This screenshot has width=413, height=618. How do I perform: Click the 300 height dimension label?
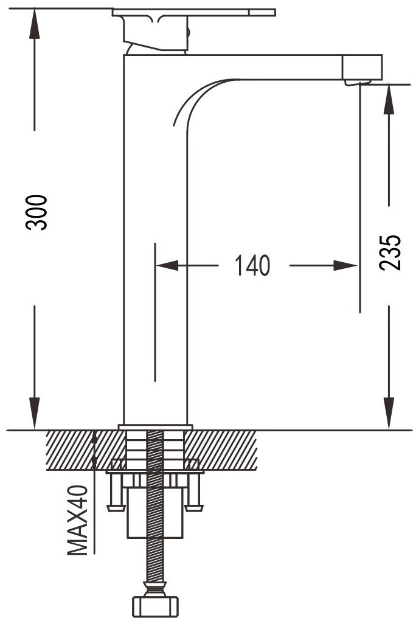(36, 212)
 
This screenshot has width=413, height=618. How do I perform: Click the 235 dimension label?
(390, 252)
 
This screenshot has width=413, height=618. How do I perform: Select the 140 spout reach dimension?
(252, 265)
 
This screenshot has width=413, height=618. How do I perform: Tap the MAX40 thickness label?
(77, 520)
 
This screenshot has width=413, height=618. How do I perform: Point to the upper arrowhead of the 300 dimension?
(34, 24)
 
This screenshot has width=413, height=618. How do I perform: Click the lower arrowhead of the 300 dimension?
(34, 413)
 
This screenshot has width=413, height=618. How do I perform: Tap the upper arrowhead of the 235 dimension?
(389, 99)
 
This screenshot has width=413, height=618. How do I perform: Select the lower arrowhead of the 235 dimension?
(389, 413)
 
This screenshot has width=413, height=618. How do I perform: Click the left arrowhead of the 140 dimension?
(167, 265)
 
